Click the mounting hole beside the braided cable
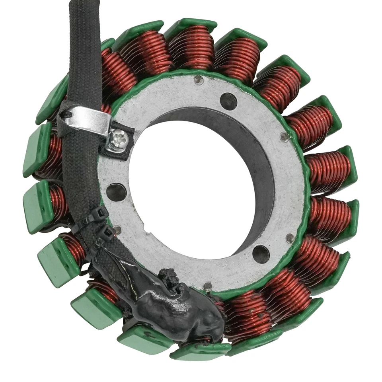[116, 192]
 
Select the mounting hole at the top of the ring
[228, 101]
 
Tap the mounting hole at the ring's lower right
[261, 254]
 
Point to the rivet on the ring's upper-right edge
[285, 136]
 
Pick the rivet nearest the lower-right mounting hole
[290, 238]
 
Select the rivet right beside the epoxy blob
[207, 286]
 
